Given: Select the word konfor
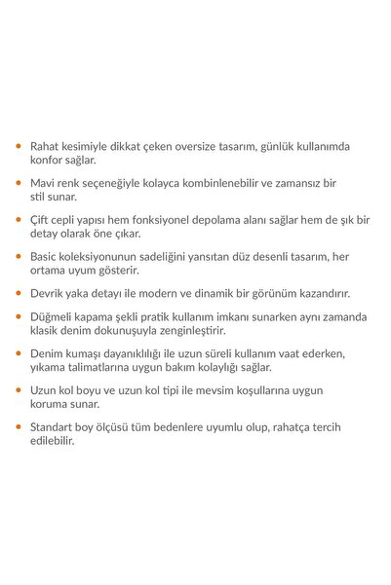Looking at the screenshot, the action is [x=51, y=160].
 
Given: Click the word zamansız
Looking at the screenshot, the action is [x=307, y=182].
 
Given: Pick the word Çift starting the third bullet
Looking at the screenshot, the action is [x=44, y=219].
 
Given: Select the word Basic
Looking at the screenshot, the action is [x=48, y=256].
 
